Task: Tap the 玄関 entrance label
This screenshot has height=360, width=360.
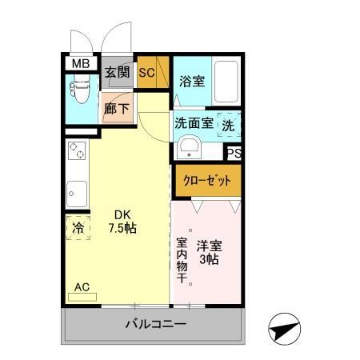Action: tap(118, 73)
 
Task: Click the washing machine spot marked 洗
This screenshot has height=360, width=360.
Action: tap(228, 125)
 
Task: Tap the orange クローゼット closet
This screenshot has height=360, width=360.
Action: tap(206, 179)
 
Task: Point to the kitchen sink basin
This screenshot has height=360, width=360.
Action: tap(77, 193)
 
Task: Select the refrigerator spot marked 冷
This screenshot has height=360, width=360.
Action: tap(78, 228)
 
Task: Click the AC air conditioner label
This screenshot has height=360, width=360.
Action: tap(82, 287)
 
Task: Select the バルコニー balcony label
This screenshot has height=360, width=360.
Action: tap(155, 325)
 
